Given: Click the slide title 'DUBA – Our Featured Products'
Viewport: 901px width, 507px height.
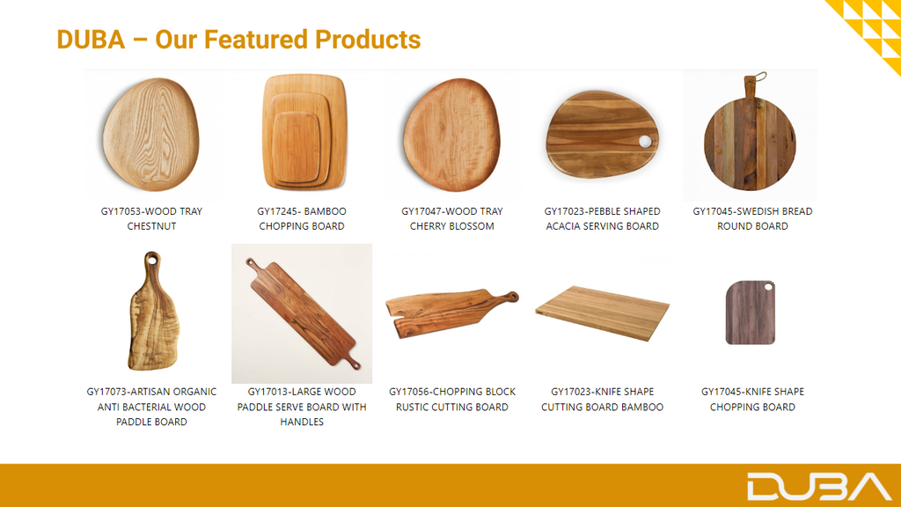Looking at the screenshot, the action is (x=238, y=40).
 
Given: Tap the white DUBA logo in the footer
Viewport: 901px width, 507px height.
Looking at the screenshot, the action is (x=819, y=487).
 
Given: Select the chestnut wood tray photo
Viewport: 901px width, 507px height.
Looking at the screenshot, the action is (x=151, y=135).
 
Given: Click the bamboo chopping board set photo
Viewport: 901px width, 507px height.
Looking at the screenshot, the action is (x=303, y=132).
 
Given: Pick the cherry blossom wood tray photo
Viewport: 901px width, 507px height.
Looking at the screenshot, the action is (x=451, y=135).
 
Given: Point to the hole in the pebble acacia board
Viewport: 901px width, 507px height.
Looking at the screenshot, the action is (x=645, y=141).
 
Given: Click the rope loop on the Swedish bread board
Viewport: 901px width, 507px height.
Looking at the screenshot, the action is (x=758, y=77).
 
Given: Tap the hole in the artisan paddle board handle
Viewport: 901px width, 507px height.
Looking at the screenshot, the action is (x=152, y=261).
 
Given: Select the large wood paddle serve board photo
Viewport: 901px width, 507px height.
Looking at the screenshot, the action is (x=303, y=314).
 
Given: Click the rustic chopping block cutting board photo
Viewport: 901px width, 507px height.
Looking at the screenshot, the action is (x=451, y=312).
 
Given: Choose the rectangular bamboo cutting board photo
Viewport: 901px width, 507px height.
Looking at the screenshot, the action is (x=602, y=312).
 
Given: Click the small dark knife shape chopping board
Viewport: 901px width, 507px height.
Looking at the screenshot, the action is (x=751, y=312).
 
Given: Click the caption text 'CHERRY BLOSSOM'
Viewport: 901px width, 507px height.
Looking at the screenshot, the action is (x=451, y=226).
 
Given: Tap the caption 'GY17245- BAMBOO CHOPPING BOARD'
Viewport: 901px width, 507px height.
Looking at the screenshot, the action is (x=302, y=219).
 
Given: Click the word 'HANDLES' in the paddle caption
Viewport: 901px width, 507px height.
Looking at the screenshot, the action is (x=302, y=422).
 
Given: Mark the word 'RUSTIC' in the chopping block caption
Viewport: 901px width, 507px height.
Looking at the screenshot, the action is (x=414, y=407).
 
